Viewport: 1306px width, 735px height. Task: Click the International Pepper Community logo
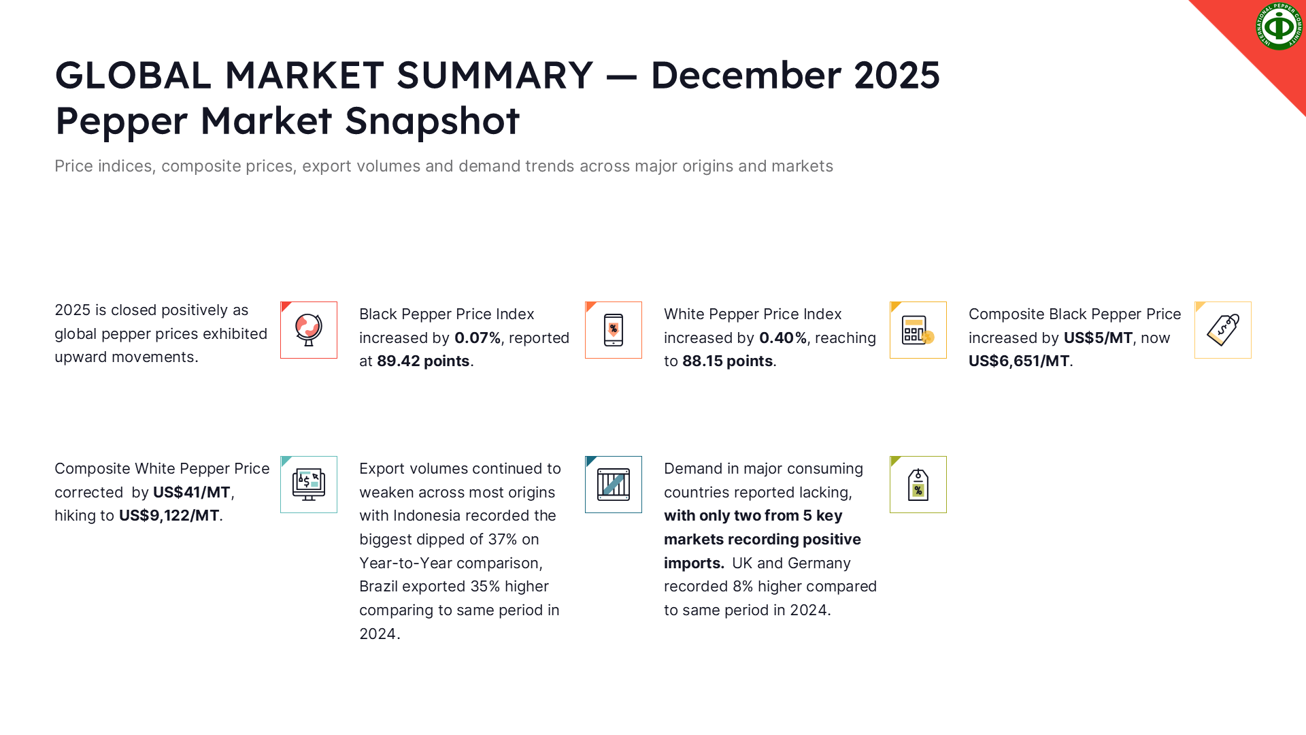(1279, 27)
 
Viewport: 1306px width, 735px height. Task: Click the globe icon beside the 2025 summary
(309, 330)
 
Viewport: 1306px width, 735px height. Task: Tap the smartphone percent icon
(614, 330)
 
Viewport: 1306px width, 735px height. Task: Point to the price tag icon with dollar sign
(1223, 330)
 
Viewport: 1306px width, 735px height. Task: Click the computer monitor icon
(309, 485)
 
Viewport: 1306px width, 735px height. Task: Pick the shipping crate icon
(614, 485)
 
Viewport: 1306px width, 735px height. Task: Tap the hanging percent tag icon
(918, 485)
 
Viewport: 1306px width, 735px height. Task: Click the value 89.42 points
(423, 361)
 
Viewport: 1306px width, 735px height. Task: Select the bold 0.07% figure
(478, 338)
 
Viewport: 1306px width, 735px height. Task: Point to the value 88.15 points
(728, 361)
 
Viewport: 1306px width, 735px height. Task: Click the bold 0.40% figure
(783, 338)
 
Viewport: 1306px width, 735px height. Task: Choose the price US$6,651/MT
(1019, 361)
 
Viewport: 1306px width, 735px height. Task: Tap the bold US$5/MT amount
(1099, 338)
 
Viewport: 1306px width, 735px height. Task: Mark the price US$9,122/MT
(169, 516)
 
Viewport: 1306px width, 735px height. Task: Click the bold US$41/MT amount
(192, 493)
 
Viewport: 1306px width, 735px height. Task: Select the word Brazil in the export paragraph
(379, 587)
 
